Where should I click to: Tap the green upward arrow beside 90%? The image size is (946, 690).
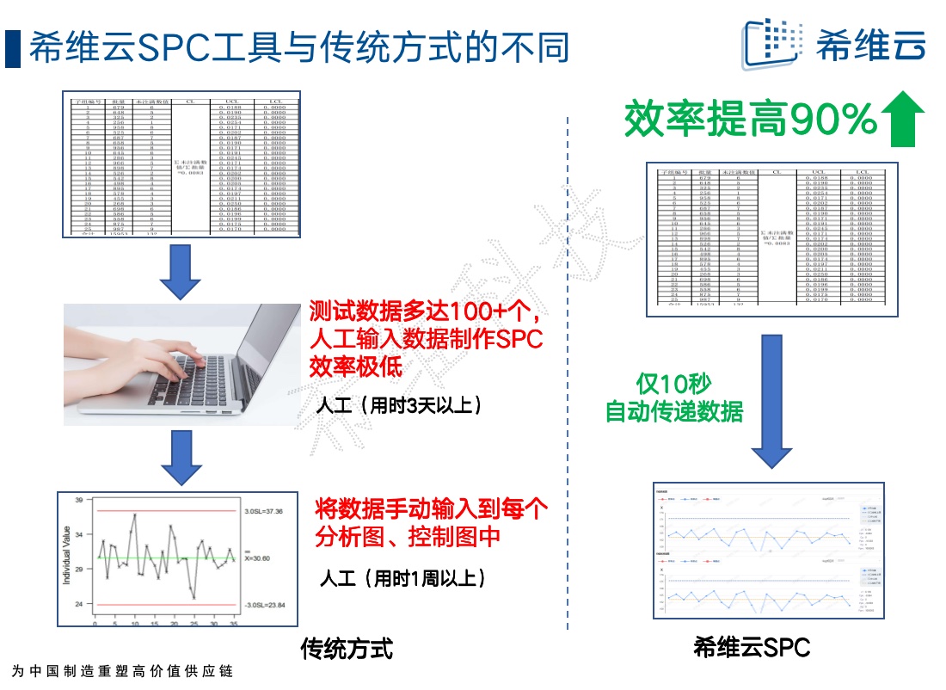point(902,120)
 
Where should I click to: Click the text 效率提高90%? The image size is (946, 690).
point(748,120)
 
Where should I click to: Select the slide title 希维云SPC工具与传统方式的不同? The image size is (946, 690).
point(299,48)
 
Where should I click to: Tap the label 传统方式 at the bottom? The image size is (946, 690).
point(347,648)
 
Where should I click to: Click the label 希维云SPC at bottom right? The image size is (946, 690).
point(752,648)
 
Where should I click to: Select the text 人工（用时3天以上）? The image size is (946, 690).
point(396,405)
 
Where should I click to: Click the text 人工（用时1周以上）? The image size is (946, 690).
point(402,577)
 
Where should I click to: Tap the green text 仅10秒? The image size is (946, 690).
point(674,383)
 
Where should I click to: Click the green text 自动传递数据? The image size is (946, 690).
point(674,411)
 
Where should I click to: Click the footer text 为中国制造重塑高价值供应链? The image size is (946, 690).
point(123,671)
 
